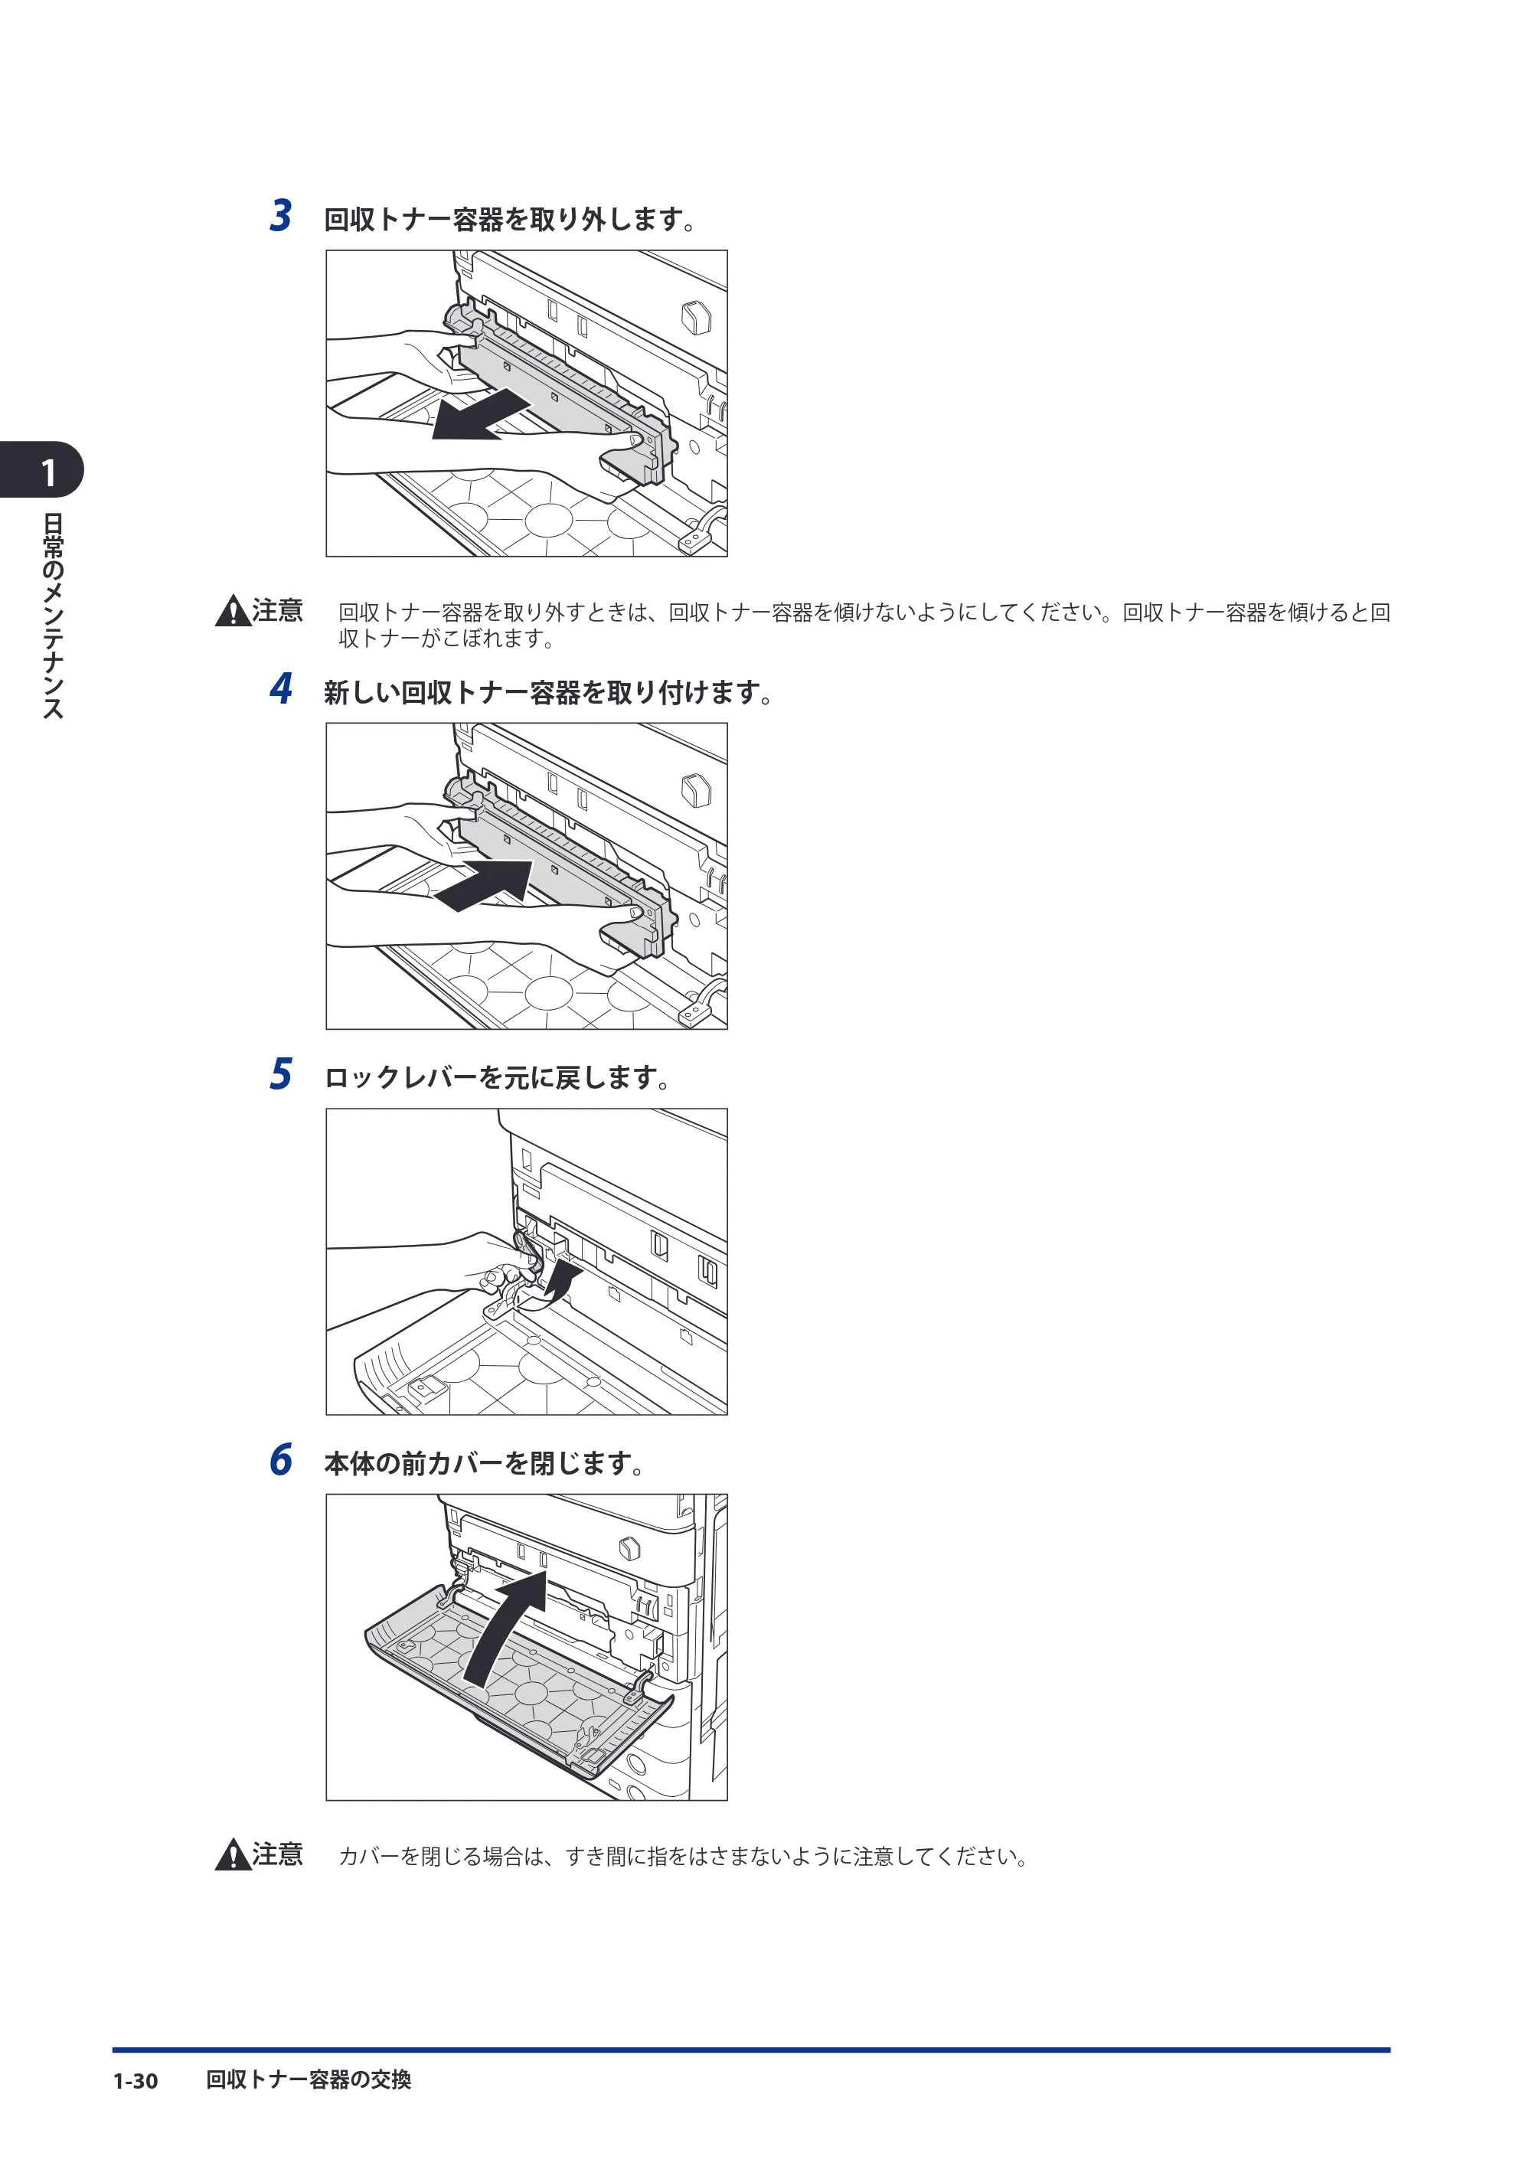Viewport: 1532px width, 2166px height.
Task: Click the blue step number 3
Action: tap(280, 215)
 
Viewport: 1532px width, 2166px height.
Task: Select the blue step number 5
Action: tap(280, 1073)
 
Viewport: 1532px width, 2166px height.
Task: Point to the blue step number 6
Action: tap(280, 1459)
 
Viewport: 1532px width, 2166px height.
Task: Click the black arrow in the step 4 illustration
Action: tap(483, 885)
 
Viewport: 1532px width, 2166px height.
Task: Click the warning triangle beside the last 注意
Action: tap(232, 1856)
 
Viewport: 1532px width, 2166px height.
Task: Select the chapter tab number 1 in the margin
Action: tap(48, 472)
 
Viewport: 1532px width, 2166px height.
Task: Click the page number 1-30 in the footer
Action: tap(135, 2081)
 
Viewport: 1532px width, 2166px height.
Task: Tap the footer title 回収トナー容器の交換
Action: tap(309, 2080)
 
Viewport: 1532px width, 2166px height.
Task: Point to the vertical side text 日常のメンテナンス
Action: tap(53, 616)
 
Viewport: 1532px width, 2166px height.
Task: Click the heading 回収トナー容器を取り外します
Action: tap(511, 220)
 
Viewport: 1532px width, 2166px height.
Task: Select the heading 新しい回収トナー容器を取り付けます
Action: tap(549, 694)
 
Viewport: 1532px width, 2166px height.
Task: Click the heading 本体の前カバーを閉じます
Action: tap(485, 1463)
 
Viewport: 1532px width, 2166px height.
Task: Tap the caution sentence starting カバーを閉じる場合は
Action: tap(683, 1857)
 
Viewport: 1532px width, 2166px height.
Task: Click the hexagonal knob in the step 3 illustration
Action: tap(696, 317)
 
